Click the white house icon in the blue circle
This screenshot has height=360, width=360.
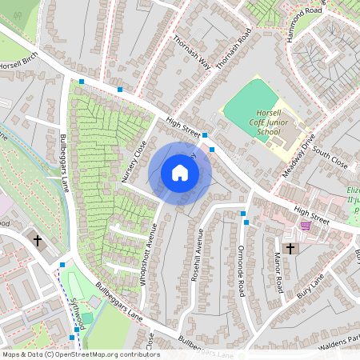tap(180, 173)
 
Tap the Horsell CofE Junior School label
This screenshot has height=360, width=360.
tap(264, 123)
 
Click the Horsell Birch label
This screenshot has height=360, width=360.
tap(18, 65)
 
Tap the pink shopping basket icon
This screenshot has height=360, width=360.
tap(305, 226)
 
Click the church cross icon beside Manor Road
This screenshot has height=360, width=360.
tap(290, 249)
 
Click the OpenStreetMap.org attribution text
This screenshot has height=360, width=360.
tap(104, 354)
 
